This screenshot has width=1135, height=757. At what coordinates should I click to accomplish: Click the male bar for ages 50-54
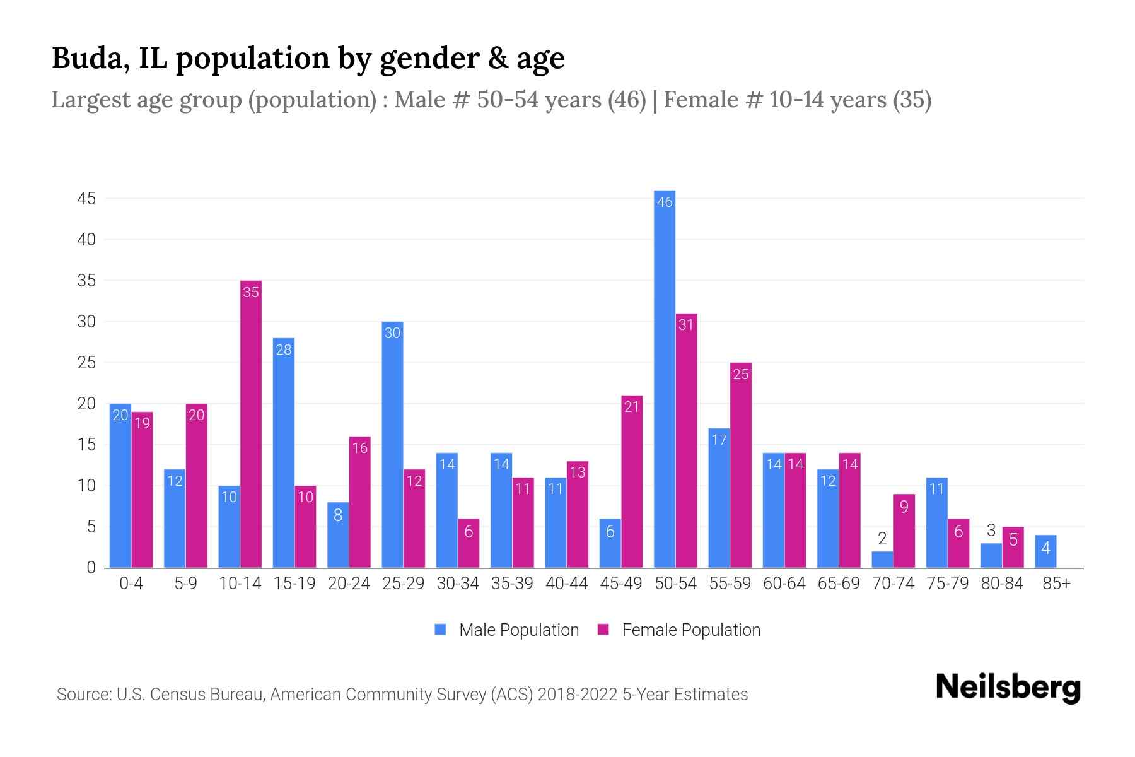click(x=665, y=378)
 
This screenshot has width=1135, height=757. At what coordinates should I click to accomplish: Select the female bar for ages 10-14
click(x=251, y=424)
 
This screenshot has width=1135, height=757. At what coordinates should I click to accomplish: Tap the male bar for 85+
click(x=1045, y=552)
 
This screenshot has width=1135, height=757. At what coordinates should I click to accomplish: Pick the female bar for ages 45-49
click(x=632, y=481)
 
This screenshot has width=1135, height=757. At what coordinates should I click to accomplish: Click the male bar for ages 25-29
click(x=392, y=445)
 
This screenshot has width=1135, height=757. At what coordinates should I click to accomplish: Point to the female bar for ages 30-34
click(x=469, y=543)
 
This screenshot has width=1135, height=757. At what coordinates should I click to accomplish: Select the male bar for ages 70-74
click(x=882, y=560)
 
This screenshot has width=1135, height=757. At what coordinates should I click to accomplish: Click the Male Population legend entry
click(x=507, y=630)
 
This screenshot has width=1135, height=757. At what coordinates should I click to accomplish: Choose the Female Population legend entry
click(x=679, y=630)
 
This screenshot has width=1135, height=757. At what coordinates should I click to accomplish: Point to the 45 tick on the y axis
click(x=86, y=199)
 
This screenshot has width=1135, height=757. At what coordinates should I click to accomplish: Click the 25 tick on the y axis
click(x=86, y=363)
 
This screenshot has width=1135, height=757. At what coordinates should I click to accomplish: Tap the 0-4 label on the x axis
click(x=131, y=584)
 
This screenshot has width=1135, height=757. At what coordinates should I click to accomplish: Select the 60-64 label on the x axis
click(x=784, y=584)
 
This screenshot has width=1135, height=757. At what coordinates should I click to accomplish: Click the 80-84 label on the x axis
click(x=1002, y=584)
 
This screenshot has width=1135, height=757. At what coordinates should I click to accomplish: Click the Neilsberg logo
click(x=1008, y=687)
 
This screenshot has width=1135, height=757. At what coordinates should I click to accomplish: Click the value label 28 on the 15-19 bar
click(x=284, y=349)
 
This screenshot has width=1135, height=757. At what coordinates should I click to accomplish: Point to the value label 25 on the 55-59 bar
click(x=741, y=374)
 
